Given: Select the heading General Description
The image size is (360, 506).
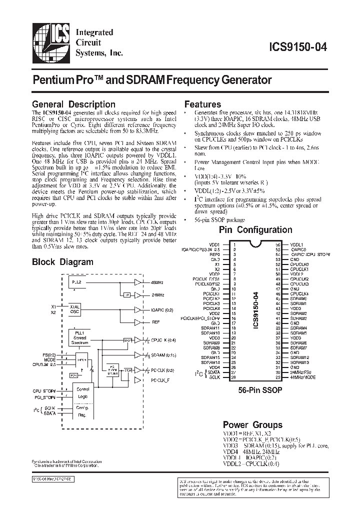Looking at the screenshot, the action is pyautogui.click(x=73, y=104).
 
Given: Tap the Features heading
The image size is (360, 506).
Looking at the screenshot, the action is pyautogui.click(x=202, y=104).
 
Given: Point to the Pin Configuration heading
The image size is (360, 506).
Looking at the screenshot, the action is pyautogui.click(x=255, y=230).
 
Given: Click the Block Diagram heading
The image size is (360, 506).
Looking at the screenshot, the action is pyautogui.click(x=62, y=261).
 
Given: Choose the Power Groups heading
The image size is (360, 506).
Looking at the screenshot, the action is pyautogui.click(x=252, y=425).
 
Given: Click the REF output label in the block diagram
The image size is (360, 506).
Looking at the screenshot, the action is pyautogui.click(x=155, y=322).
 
